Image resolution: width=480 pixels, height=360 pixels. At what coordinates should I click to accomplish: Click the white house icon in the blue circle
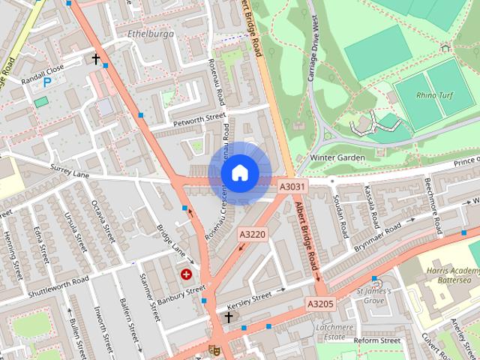(x=239, y=172)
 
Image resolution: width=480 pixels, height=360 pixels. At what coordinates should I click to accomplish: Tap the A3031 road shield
(x=292, y=186)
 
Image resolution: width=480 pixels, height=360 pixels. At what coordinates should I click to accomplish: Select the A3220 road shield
(x=252, y=235)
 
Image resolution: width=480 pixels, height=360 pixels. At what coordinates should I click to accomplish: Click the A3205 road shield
(x=319, y=304)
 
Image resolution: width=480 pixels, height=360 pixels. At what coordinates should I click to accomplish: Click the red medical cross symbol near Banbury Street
(x=185, y=275)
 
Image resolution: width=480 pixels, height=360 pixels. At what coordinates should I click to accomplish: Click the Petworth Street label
(x=199, y=117)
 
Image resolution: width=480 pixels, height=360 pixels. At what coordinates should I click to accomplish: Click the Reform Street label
(x=377, y=340)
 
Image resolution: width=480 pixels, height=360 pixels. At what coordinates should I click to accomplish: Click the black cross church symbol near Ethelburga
(x=95, y=58)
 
